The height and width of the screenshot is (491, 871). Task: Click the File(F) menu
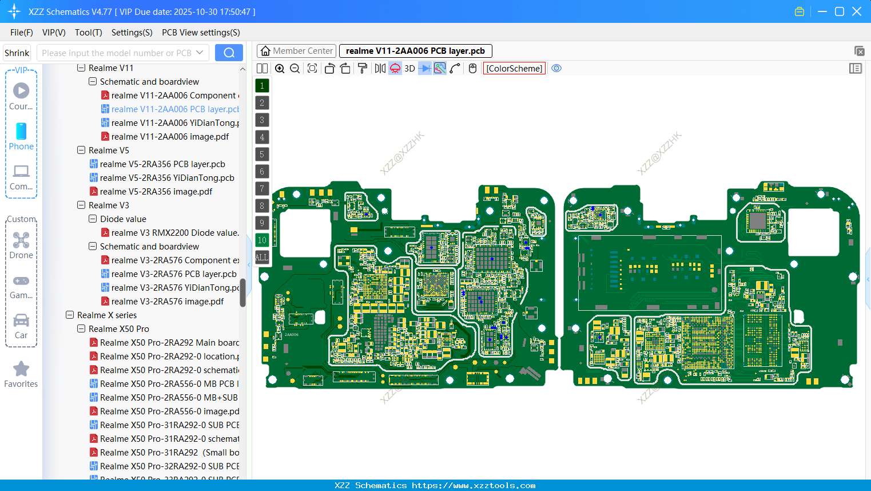(21, 33)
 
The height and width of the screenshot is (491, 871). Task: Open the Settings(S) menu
(132, 33)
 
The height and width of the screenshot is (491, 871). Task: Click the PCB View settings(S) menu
(201, 33)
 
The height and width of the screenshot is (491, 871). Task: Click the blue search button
(229, 53)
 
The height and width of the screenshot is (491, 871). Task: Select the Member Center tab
(296, 51)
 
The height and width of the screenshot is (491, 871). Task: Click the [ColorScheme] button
(514, 69)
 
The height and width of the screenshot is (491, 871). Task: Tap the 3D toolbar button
(409, 69)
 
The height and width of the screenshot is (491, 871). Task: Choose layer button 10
(262, 240)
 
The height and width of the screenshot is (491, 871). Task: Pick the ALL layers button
(262, 258)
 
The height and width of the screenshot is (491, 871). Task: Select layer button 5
(262, 155)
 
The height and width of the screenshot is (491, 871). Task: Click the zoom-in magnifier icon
(280, 69)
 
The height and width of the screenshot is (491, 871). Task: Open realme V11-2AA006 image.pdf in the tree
(170, 137)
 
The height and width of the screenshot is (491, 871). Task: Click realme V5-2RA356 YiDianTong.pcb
(167, 178)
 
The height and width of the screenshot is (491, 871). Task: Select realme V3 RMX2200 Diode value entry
(175, 233)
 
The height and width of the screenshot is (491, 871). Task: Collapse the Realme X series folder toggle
(70, 315)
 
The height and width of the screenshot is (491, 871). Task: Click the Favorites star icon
(21, 369)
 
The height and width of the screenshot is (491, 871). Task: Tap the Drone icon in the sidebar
(21, 240)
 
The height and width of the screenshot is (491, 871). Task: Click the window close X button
(857, 11)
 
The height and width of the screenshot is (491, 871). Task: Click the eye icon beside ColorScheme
(556, 69)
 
